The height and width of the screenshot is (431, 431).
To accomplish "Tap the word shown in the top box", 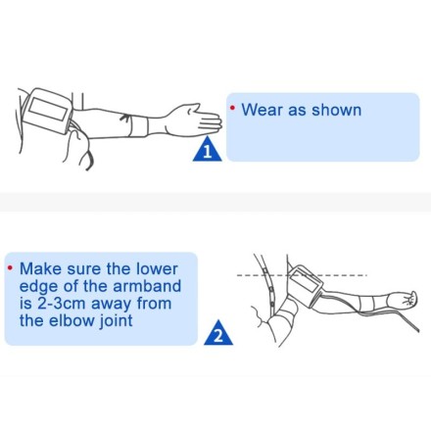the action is click(336, 110).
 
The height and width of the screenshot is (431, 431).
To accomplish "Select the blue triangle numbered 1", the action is click(207, 149).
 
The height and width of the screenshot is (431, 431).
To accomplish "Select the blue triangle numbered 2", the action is click(218, 333).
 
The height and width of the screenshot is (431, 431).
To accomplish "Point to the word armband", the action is click(147, 286).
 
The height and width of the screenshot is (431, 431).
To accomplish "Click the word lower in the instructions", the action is click(157, 268).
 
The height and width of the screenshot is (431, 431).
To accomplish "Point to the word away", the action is click(112, 305).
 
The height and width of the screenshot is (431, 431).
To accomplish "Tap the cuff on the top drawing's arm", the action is click(48, 110).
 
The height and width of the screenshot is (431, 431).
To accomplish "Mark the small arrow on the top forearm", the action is click(125, 118).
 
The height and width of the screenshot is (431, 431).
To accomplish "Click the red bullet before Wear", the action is click(232, 108).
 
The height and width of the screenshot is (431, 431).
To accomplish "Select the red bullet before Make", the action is click(11, 268).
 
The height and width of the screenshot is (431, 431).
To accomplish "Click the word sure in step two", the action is click(84, 270).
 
